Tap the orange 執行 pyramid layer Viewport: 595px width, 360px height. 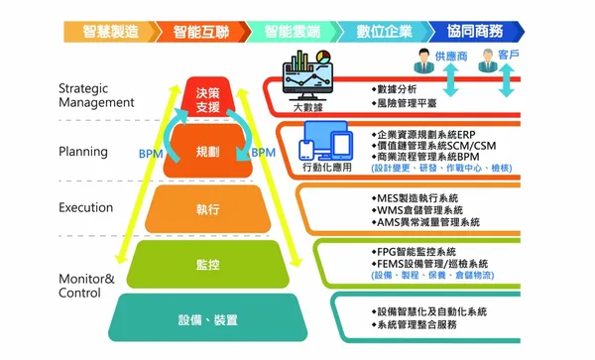[207, 209]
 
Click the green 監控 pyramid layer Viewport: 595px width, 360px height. [207, 264]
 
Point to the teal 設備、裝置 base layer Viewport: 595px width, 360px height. [207, 320]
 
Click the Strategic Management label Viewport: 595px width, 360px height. [95, 94]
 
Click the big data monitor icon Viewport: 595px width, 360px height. [309, 76]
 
